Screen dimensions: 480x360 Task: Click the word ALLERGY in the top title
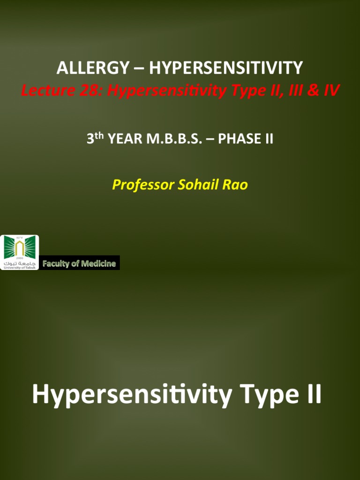point(92,68)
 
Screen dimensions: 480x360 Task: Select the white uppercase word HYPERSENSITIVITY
point(226,68)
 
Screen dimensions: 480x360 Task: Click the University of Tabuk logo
point(19,253)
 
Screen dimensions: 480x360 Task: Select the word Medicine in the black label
point(98,263)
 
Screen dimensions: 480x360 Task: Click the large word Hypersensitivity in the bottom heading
point(132,395)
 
